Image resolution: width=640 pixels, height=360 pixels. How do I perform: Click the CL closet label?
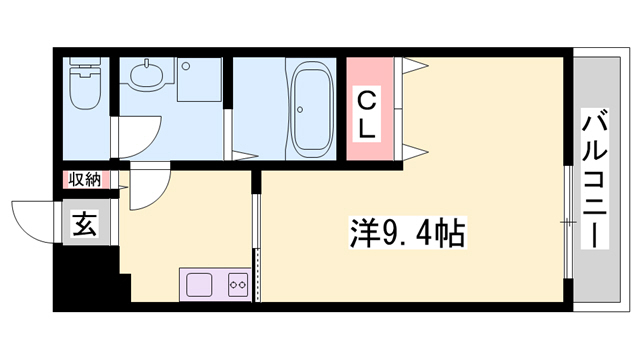coord(368,114)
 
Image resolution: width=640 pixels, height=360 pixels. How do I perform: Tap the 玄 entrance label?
coord(83,225)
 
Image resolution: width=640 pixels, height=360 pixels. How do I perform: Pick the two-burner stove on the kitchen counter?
coord(238,283)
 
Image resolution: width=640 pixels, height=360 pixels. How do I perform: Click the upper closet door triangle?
coord(416,67)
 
